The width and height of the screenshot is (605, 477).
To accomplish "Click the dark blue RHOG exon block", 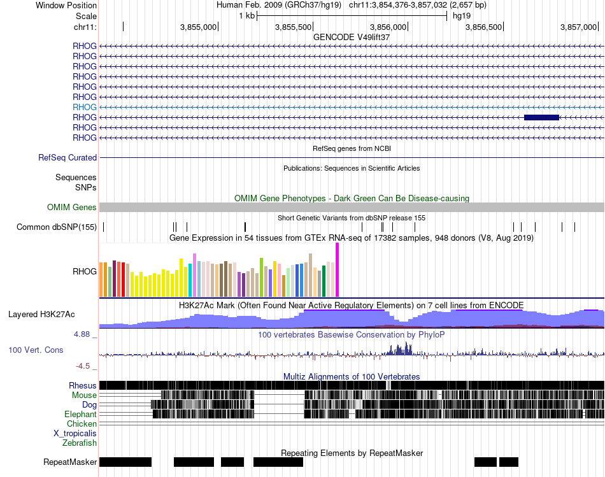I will coord(541,117).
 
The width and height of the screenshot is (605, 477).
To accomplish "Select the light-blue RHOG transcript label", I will coord(85,107).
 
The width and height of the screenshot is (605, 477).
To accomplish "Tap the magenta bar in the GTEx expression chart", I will coord(337,270).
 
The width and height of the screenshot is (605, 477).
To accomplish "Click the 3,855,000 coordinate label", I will coord(198,27).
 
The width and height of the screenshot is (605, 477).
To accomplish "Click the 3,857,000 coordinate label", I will coord(578,27).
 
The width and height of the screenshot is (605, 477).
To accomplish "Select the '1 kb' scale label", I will coord(246,16).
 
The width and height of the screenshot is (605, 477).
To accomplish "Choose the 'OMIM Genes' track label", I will coord(72,207).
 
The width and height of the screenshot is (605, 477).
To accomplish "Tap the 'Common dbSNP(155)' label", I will coord(57,227).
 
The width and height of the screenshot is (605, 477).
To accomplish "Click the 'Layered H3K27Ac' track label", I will coord(41,314).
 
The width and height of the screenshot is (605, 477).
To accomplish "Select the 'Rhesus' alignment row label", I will coord(83,385).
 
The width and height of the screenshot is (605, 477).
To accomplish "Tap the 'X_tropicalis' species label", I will coord(75,433).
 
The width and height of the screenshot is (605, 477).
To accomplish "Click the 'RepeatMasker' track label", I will coord(70,462).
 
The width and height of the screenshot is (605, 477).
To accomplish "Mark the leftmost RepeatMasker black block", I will coord(125,462).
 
